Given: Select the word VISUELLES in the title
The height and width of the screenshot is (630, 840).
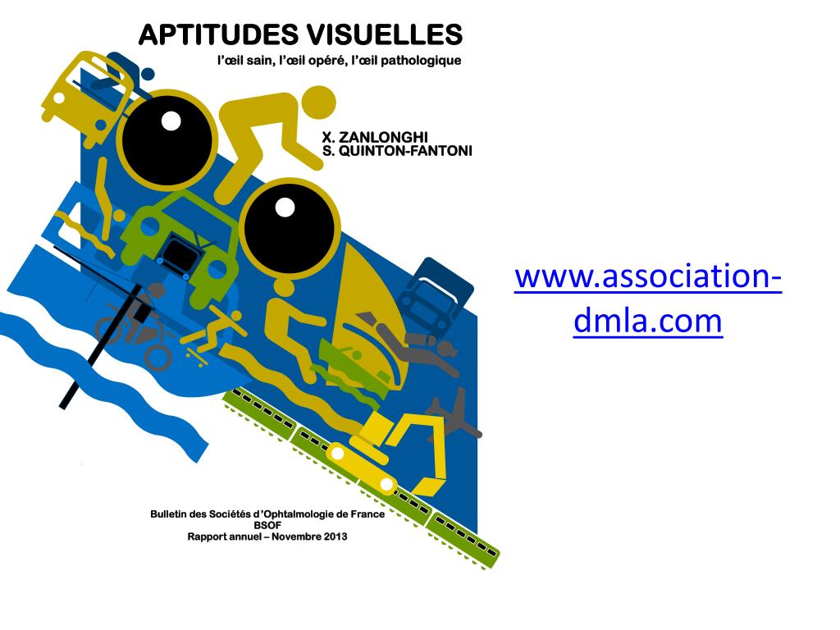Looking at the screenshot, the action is click(385, 35).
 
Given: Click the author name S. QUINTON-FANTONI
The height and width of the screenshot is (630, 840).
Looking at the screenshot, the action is click(397, 151).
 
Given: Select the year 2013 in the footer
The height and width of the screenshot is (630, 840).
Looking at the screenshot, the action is click(333, 536).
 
